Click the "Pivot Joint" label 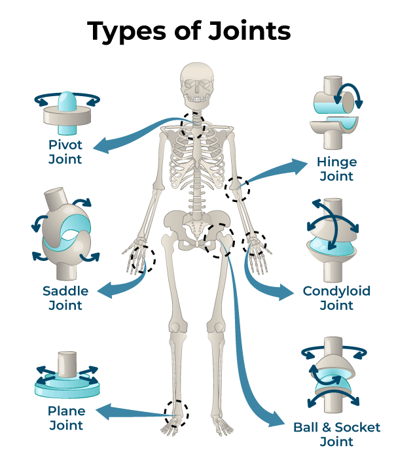pos(65,151)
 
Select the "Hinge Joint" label pos(335,169)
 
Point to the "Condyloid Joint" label pos(336,298)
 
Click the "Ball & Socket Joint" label pos(336,434)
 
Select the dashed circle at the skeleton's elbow pos(236,188)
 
